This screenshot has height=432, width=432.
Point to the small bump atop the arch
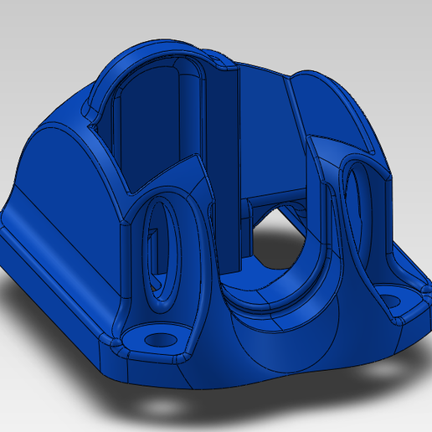[219, 60]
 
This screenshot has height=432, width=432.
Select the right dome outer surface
[335, 109]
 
